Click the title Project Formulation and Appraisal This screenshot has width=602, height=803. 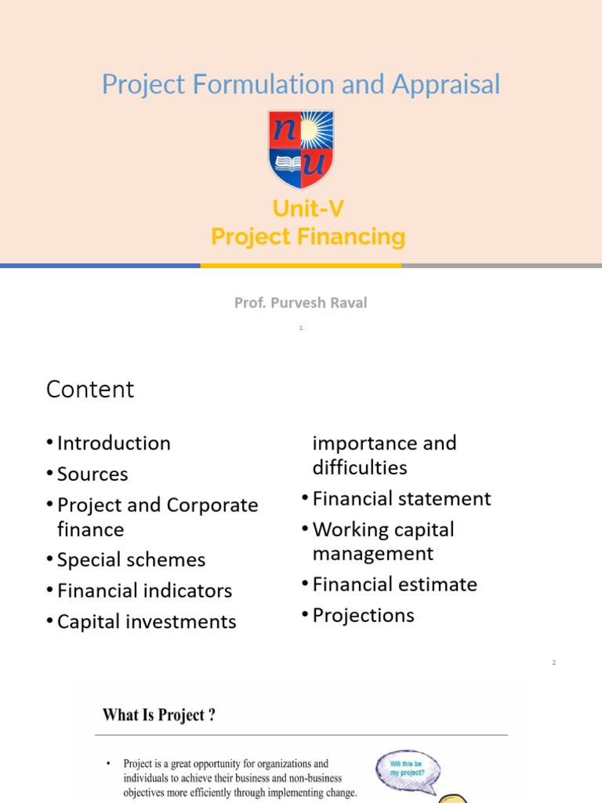coord(301,84)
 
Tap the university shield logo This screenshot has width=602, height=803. coord(301,149)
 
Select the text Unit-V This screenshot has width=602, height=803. coord(308,209)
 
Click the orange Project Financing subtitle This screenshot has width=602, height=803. coord(308,236)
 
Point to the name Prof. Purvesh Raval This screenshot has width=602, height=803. coord(300,303)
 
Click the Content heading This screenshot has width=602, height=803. coord(90,389)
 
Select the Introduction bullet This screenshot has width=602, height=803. coord(114,443)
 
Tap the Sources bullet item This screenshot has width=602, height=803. coord(92,474)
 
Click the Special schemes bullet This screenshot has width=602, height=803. coord(131,560)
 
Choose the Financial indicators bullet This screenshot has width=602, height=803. coord(144,590)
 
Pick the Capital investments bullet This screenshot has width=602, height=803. coord(147,622)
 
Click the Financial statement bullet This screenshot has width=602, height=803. coord(401,499)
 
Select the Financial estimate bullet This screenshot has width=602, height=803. coord(394,584)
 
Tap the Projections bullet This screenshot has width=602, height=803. coord(363,616)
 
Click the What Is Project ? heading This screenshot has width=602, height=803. coord(159,715)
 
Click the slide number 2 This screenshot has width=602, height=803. coord(553,663)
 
